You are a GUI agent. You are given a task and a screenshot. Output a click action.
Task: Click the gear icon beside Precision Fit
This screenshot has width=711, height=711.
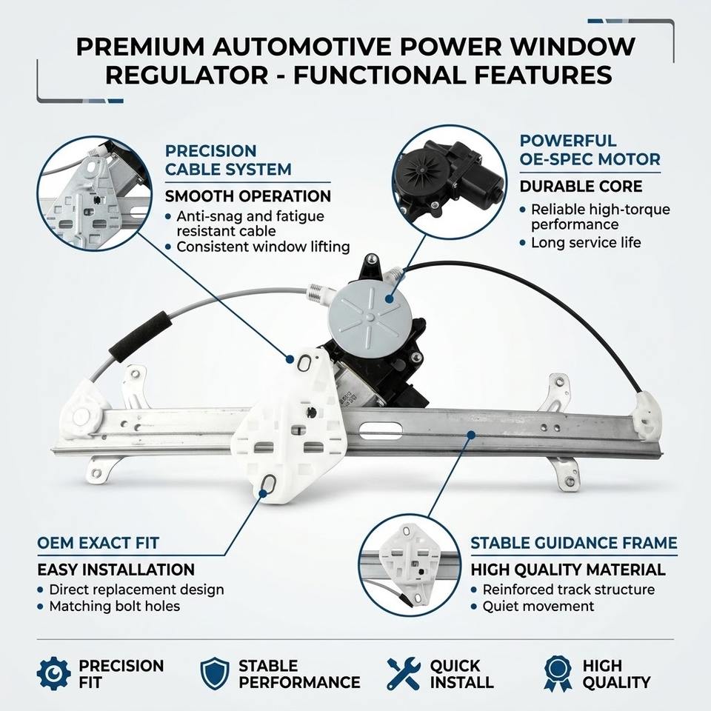53,673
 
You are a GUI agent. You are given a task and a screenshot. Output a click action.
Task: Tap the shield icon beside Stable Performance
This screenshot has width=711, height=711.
215,673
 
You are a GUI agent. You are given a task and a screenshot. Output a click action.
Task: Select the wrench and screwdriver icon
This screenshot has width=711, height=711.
403,673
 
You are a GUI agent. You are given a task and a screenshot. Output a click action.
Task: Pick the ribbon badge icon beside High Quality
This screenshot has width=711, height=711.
557,673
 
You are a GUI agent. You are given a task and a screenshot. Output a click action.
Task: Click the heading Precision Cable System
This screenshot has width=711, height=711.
228,160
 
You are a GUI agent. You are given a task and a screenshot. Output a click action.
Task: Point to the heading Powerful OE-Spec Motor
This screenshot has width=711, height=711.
590,150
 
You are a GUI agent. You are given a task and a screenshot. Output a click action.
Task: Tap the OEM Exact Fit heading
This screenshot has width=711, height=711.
98,543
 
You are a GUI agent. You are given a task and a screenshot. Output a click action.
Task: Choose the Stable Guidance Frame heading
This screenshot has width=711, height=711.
573,543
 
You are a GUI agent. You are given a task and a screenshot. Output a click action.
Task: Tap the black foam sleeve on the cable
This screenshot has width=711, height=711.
141,336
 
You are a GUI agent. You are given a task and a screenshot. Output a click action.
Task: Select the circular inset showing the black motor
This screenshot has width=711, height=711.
450,181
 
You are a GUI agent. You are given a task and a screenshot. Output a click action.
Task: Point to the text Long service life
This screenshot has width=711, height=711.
586,243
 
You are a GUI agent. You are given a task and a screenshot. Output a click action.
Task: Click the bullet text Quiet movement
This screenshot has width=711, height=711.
538,607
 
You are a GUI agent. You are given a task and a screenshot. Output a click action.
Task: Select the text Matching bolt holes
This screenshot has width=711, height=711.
114,607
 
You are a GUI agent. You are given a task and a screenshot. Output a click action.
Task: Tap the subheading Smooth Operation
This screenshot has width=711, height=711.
247,196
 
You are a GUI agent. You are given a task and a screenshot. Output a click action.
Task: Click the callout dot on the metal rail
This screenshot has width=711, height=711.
471,435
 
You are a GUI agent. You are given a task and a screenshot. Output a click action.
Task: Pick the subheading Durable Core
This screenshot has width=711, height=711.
581,187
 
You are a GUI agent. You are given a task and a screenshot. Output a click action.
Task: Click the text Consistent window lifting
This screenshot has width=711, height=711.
263,247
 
